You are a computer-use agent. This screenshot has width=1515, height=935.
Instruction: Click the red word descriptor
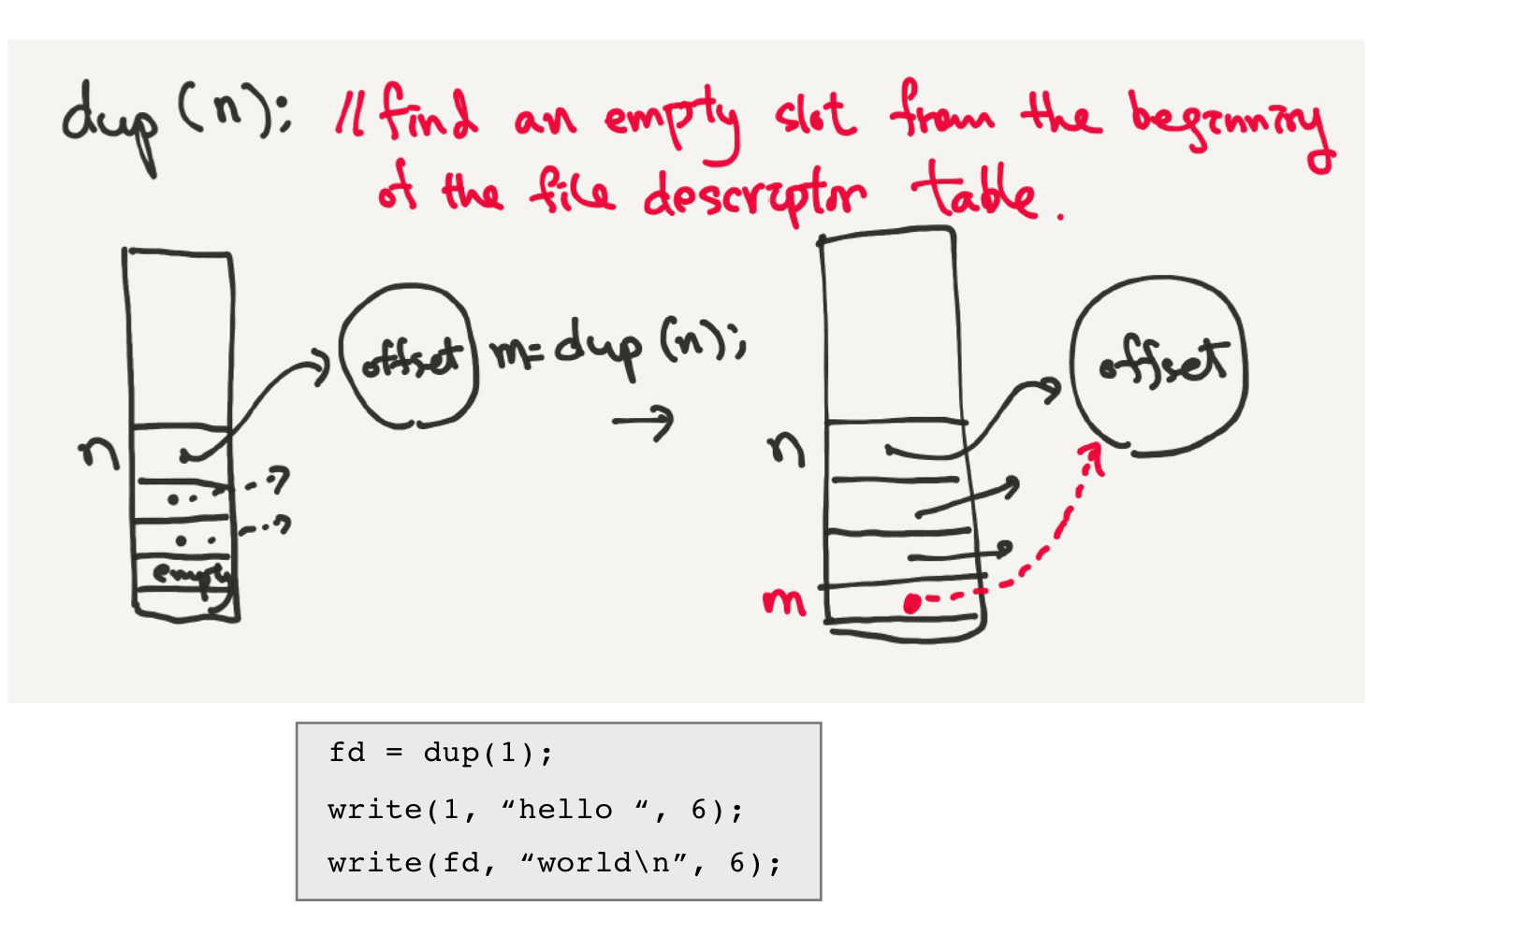point(753,196)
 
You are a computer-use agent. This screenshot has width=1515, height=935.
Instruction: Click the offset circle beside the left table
point(410,357)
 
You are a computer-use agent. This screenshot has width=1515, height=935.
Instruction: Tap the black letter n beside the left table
point(99,453)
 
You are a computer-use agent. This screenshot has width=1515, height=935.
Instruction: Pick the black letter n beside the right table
point(786,449)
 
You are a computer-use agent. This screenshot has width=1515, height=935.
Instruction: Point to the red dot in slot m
point(911,604)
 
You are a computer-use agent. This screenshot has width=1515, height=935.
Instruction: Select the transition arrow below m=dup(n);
point(644,422)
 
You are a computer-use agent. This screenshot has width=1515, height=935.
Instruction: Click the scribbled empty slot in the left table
point(187,572)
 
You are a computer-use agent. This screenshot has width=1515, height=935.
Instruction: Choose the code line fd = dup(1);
point(441,754)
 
